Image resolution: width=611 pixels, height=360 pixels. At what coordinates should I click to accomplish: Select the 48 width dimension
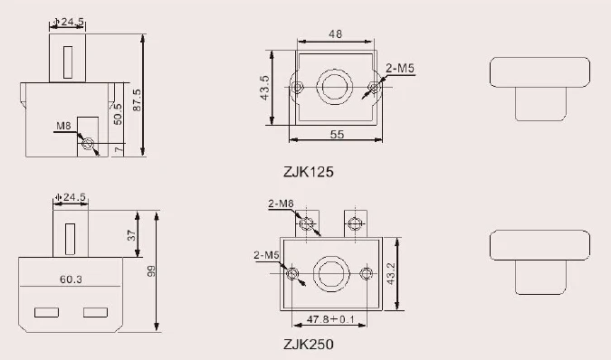[x=334, y=34]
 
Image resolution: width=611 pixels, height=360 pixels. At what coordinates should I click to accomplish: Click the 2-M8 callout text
[x=280, y=204]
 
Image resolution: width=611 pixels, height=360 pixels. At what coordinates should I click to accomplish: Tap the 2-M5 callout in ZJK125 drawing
[x=398, y=68]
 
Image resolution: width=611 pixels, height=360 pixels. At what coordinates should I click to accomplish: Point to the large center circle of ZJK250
[x=329, y=272]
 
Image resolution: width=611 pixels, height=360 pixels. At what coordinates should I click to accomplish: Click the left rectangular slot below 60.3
[x=46, y=313]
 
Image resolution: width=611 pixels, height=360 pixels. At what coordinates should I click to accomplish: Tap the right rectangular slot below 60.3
[x=95, y=313]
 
